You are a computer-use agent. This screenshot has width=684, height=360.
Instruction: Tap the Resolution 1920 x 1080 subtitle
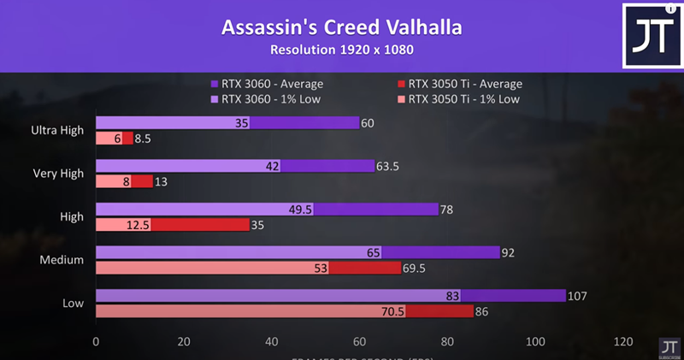pyautogui.click(x=342, y=50)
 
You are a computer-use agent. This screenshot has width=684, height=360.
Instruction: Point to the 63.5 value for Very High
pyautogui.click(x=389, y=166)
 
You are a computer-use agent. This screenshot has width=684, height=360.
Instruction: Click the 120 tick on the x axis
pyautogui.click(x=624, y=341)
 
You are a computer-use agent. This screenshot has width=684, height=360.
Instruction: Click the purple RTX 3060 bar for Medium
pyautogui.click(x=440, y=252)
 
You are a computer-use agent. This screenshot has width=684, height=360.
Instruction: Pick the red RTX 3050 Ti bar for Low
pyautogui.click(x=439, y=311)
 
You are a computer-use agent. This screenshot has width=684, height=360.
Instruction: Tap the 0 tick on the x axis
pyautogui.click(x=96, y=341)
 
